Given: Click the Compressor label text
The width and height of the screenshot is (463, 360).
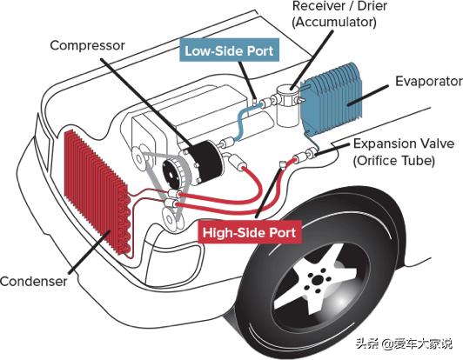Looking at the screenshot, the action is coord(87,46).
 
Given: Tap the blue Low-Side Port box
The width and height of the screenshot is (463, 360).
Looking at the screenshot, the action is coord(229,50).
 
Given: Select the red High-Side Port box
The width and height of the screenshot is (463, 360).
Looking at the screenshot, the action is coord(249,232).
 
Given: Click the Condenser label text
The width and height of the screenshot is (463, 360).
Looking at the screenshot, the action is coord(33,281).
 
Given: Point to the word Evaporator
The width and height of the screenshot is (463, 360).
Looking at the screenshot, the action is coord(429,82).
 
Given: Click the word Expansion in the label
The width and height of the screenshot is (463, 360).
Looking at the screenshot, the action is coord(388,143).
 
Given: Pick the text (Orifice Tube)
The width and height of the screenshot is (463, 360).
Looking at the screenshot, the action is coord(394,161).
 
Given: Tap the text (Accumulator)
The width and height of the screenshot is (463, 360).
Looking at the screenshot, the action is coord(334,23).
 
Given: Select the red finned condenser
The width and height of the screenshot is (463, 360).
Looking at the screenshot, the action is coord(96,192).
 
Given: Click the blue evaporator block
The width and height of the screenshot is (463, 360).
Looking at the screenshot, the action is coord(331,100).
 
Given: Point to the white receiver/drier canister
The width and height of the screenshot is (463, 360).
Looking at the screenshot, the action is coord(287,104).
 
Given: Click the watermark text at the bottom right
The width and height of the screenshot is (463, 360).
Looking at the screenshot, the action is coord(404,343).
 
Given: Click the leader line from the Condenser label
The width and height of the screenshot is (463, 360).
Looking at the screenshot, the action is coord(90,252).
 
